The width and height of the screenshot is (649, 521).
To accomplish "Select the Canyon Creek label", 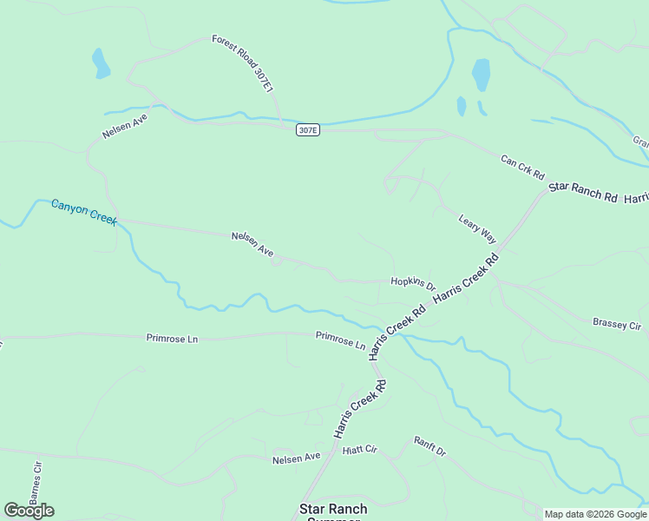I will pyautogui.click(x=83, y=212).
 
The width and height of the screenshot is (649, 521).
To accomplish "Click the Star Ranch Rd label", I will pyautogui.click(x=581, y=193).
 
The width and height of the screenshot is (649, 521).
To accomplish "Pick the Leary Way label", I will pyautogui.click(x=477, y=229).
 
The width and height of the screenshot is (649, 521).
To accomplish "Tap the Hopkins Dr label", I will pyautogui.click(x=412, y=281).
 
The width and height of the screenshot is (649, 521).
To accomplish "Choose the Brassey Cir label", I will pyautogui.click(x=616, y=324).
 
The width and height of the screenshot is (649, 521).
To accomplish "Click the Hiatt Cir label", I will pyautogui.click(x=360, y=450).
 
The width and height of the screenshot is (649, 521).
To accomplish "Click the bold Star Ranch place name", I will pyautogui.click(x=333, y=509).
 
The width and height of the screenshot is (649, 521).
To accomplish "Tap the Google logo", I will pyautogui.click(x=29, y=511).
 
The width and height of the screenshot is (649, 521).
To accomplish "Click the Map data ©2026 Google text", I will pyautogui.click(x=595, y=514).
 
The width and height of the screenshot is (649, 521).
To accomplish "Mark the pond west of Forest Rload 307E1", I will pyautogui.click(x=102, y=63).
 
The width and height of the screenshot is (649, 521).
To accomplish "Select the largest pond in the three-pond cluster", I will pyautogui.click(x=480, y=75).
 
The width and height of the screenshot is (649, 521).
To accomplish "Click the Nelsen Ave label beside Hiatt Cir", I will pyautogui.click(x=296, y=458).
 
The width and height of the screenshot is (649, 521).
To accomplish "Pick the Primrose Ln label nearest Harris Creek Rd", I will pyautogui.click(x=340, y=340).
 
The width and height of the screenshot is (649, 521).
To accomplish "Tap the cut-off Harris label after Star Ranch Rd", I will pyautogui.click(x=636, y=199).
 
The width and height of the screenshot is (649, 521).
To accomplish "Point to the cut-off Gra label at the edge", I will pyautogui.click(x=640, y=142).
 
